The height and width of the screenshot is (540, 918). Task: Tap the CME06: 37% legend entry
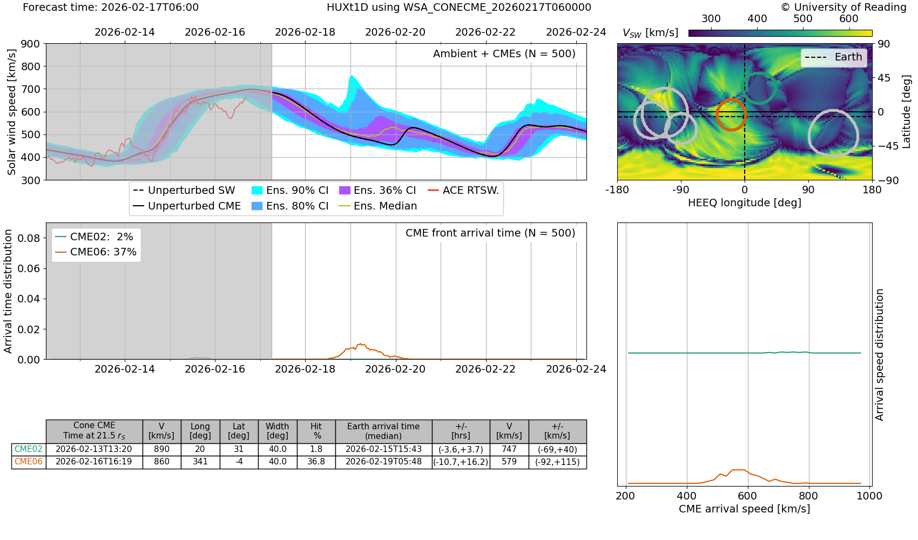click(96, 252)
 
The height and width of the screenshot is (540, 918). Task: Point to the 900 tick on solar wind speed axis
click(30, 44)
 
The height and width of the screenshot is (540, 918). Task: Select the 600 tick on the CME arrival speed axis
click(748, 496)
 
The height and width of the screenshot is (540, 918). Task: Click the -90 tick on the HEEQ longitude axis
click(681, 190)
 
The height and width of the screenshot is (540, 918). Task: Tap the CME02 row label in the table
click(29, 449)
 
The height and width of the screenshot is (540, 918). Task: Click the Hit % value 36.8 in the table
click(316, 462)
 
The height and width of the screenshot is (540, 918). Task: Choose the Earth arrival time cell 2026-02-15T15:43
click(383, 449)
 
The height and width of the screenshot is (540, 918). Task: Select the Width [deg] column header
click(278, 431)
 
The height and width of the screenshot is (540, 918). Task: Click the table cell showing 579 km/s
click(509, 462)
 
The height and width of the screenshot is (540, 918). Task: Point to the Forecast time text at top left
click(111, 8)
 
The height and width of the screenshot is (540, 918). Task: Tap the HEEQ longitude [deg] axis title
click(744, 203)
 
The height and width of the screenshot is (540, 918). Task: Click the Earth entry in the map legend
click(834, 57)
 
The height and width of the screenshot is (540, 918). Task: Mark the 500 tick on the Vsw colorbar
click(803, 19)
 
